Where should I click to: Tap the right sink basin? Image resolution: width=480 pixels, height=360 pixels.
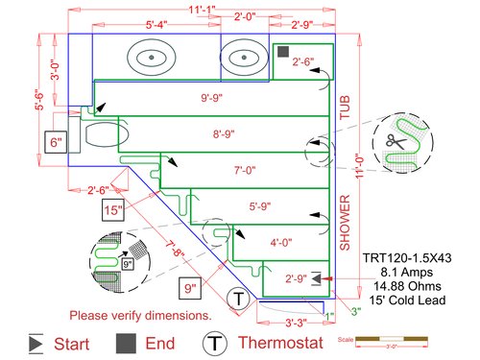pos(246,60)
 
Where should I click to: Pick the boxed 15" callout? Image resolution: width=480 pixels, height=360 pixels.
pos(114,209)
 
